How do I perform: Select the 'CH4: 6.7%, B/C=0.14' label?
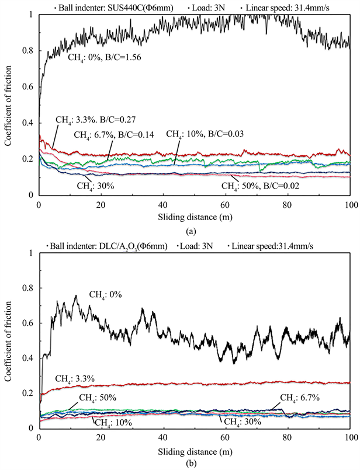click(112, 135)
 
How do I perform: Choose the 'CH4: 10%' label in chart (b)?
click(111, 422)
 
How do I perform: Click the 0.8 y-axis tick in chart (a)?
click(28, 51)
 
